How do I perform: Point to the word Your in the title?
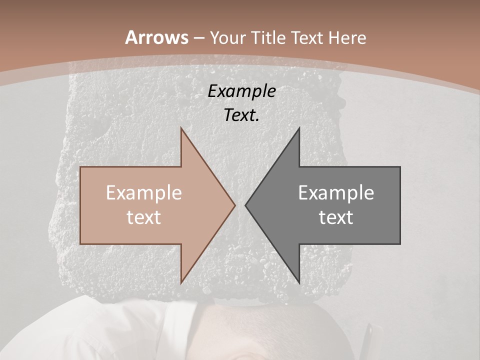pos(227,38)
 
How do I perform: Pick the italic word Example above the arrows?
pos(241,91)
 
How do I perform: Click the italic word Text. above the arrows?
pos(241,115)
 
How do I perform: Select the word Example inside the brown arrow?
pos(144,192)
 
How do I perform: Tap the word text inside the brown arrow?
pos(144,217)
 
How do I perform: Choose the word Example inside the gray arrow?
pos(336,192)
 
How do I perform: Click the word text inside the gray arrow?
pos(336,217)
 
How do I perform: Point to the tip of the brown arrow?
pos(234,205)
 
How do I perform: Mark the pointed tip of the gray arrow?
pos(246,205)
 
